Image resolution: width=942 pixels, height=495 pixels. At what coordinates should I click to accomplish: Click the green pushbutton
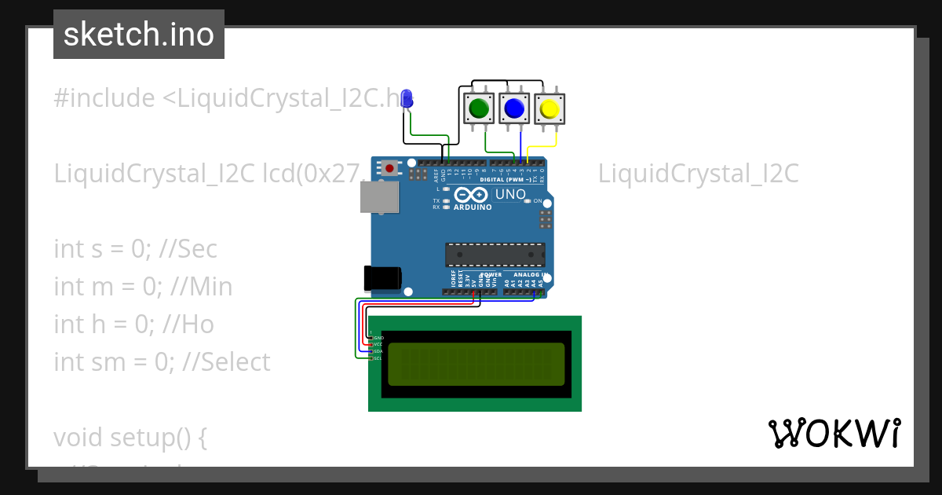(478, 108)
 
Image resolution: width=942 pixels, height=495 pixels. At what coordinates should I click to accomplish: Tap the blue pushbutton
(514, 108)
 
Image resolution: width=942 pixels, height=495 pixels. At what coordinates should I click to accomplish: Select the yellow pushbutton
(549, 108)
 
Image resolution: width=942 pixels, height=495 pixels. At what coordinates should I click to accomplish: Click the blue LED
(407, 99)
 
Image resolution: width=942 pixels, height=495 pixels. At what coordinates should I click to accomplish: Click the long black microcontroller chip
(495, 255)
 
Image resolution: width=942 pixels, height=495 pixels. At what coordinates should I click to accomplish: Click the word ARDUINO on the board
(473, 207)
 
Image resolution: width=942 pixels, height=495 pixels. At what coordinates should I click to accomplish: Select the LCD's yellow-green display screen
(476, 364)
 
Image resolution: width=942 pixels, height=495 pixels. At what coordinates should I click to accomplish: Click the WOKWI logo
(834, 433)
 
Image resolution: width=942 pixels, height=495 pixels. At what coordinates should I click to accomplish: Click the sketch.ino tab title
(139, 35)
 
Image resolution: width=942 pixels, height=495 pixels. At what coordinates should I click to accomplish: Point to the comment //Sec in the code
(188, 249)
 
